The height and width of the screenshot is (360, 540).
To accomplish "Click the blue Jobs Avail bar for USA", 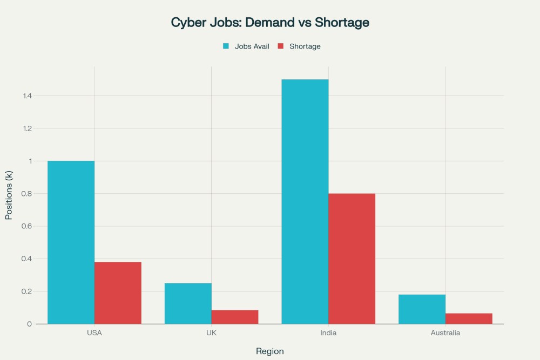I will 71,242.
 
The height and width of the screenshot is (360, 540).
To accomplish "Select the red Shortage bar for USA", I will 118,293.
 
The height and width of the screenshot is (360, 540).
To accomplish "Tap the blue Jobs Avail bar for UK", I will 188,303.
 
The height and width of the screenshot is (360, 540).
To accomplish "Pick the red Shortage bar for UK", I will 235,317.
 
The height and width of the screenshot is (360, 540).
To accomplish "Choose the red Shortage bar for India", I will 352,259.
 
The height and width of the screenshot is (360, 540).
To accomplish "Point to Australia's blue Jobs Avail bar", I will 422,309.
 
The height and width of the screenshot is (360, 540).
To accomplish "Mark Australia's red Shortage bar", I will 469,318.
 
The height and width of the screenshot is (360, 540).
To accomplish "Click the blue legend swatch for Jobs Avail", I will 226,46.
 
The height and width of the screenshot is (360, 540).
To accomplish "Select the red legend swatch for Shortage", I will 281,46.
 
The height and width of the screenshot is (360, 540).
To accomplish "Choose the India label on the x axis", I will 328,333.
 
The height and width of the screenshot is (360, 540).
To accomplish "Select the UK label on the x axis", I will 211,333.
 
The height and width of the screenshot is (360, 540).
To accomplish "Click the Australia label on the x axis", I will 446,333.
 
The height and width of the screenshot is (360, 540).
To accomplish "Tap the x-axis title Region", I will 270,351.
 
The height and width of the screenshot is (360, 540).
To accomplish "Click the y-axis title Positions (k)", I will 9,195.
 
